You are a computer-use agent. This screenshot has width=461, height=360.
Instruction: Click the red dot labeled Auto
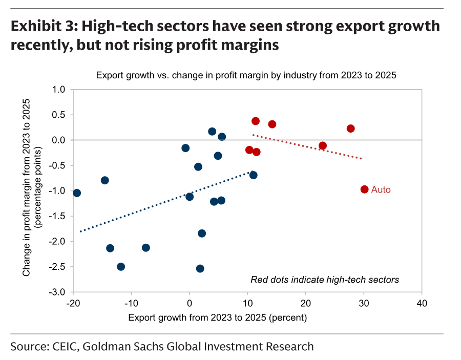pyautogui.click(x=364, y=189)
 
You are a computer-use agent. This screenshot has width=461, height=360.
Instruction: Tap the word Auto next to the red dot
pyautogui.click(x=381, y=189)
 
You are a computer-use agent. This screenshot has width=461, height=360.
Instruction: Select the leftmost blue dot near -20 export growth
pyautogui.click(x=77, y=193)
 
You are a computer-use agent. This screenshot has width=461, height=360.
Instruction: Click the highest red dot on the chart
pyautogui.click(x=256, y=121)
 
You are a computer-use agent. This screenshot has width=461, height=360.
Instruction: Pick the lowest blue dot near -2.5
pyautogui.click(x=200, y=268)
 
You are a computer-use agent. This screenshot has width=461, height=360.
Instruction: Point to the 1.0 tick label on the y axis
pyautogui.click(x=58, y=89)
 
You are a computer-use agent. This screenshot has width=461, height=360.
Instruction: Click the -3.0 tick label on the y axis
pyautogui.click(x=57, y=292)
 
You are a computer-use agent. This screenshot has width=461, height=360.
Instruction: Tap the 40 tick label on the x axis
pyautogui.click(x=422, y=303)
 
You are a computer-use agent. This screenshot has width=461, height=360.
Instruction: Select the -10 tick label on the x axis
pyautogui.click(x=131, y=303)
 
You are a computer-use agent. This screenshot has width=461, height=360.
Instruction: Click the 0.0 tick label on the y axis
pyautogui.click(x=58, y=140)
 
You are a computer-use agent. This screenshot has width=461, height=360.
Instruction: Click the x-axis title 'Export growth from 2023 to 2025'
pyautogui.click(x=218, y=317)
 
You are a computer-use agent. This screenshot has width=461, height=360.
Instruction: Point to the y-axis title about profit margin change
pyautogui.click(x=32, y=187)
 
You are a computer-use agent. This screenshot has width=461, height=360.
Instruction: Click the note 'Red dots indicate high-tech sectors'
pyautogui.click(x=325, y=280)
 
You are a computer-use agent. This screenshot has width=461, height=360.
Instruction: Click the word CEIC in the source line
pyautogui.click(x=65, y=347)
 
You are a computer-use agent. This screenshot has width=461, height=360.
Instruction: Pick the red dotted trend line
pyautogui.click(x=307, y=147)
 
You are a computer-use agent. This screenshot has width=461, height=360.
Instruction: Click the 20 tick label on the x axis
pyautogui.click(x=306, y=303)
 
